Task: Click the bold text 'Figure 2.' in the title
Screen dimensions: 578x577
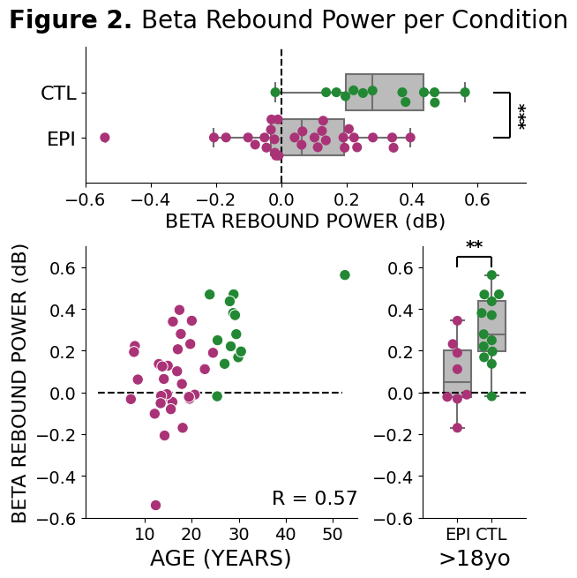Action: pos(71,21)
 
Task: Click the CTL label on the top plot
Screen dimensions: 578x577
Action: pos(58,93)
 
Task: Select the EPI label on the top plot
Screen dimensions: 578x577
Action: pos(60,139)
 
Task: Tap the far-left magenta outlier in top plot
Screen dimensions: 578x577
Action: pos(105,138)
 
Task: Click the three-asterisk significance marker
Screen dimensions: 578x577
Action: pos(521,116)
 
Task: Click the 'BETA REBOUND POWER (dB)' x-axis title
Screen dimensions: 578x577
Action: pos(305,221)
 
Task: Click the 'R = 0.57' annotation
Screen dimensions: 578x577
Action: pos(314,499)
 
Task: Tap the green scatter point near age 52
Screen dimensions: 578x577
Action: pos(345,275)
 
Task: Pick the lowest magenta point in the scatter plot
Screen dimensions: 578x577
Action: pos(155,506)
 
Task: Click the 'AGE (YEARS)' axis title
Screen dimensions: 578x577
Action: pos(221,559)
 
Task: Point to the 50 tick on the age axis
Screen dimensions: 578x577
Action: pos(333,534)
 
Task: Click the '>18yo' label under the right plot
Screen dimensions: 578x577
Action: pos(475,559)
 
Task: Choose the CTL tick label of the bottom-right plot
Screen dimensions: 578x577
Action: pos(491,534)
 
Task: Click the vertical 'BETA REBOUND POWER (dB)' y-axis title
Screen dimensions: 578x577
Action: pos(20,382)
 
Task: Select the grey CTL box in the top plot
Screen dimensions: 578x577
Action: pos(385,92)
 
